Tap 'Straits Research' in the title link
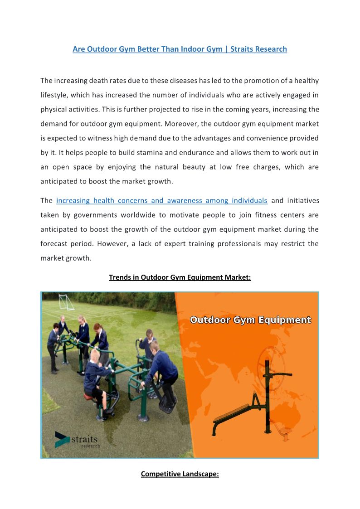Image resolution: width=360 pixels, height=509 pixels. [x=258, y=49]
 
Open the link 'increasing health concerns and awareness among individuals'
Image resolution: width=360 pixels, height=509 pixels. [x=161, y=200]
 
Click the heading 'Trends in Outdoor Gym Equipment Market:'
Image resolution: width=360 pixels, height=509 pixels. [x=180, y=277]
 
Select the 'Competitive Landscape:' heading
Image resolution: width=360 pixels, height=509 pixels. [x=180, y=474]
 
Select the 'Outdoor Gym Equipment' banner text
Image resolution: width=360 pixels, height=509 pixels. [x=250, y=320]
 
